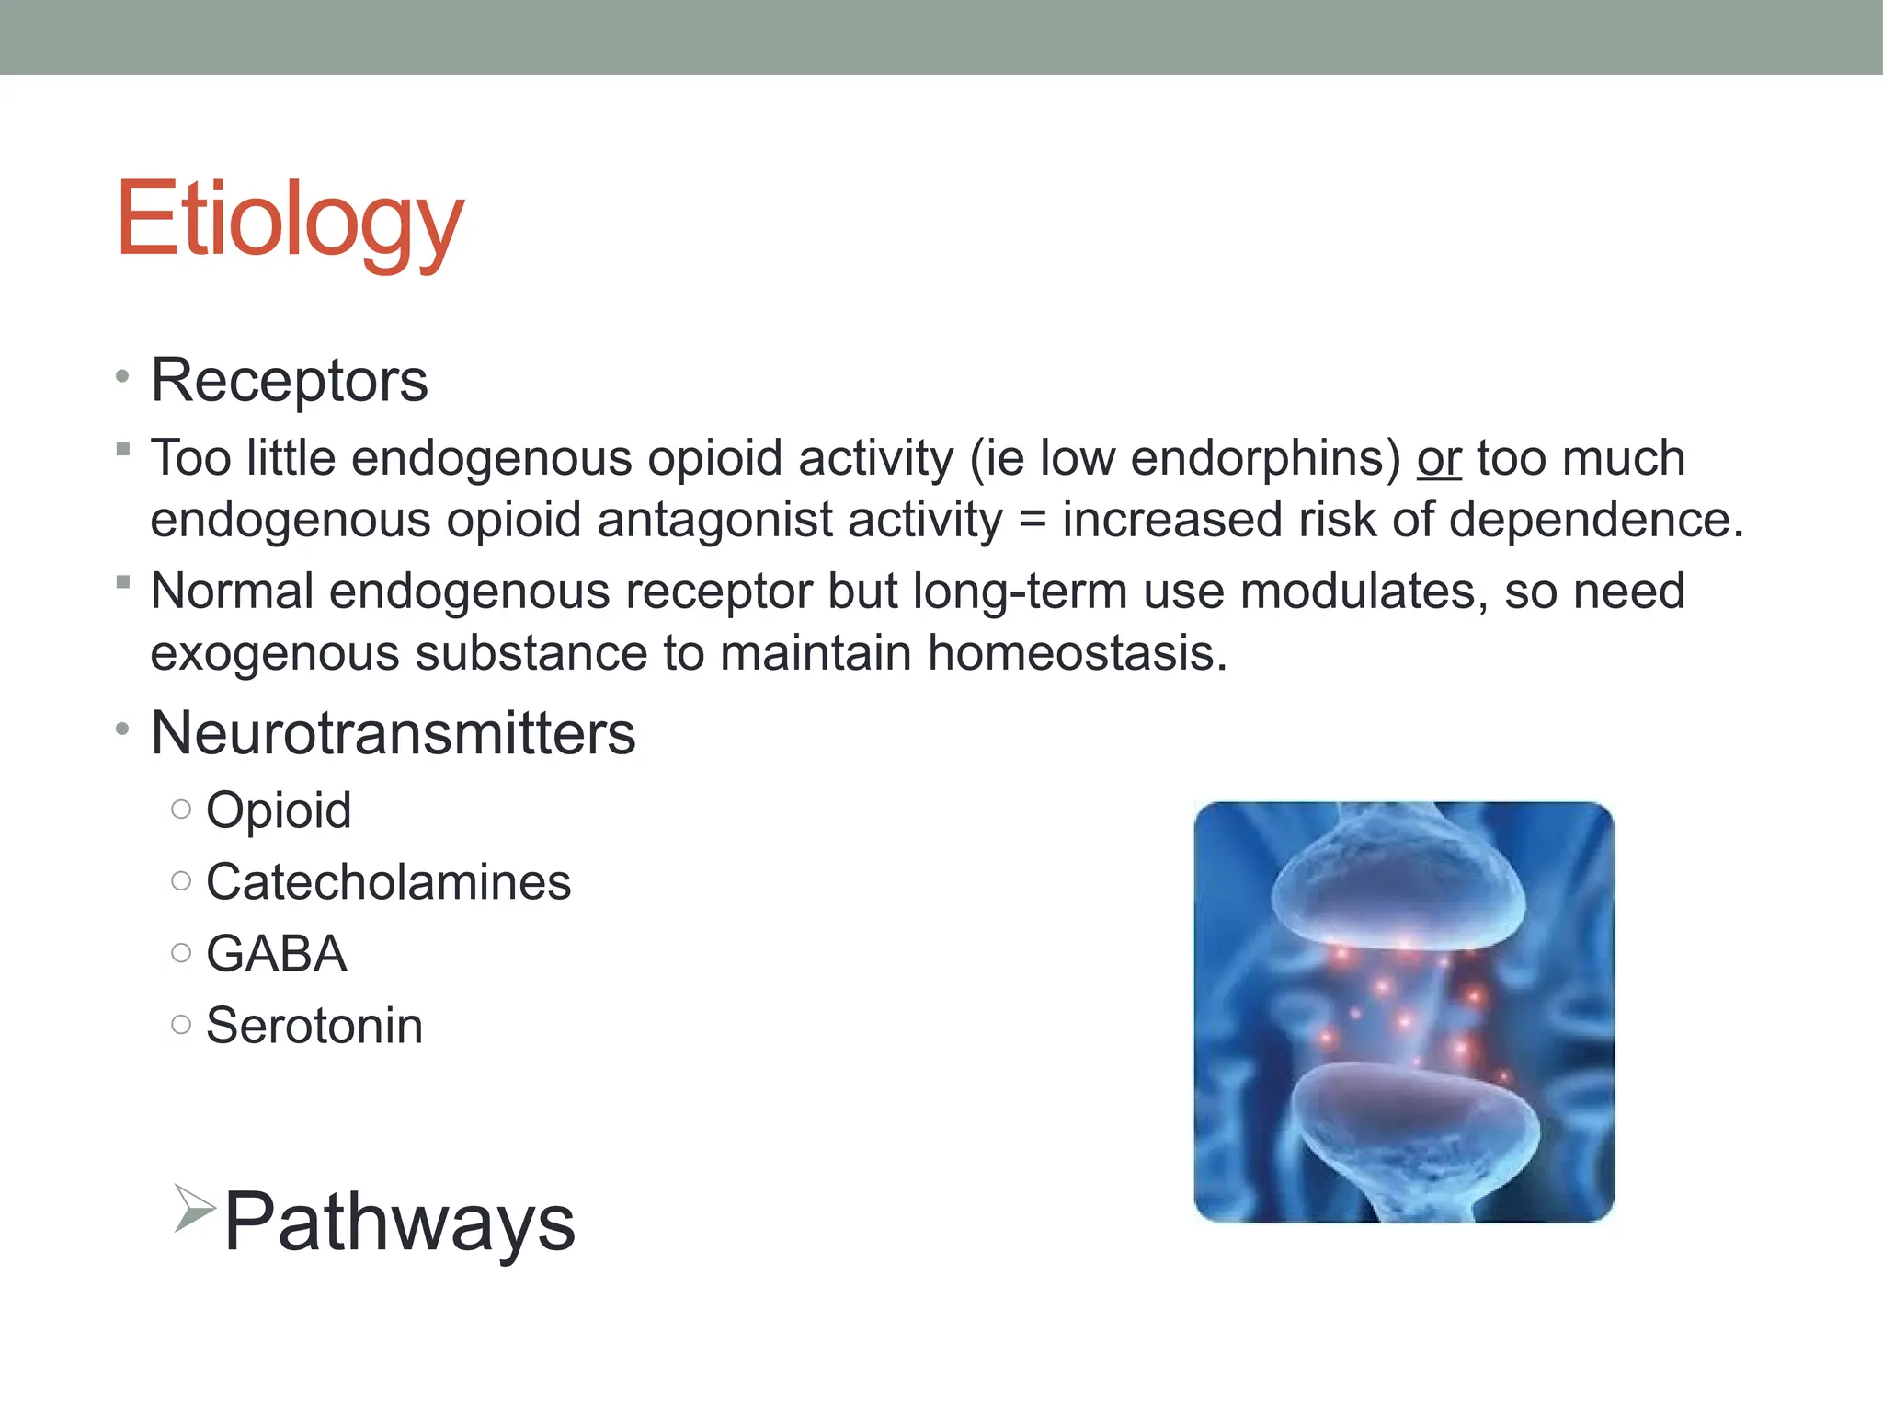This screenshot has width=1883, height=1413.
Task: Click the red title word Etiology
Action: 291,221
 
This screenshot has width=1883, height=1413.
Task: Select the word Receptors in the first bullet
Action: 289,380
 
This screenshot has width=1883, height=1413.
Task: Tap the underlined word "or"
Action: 1438,458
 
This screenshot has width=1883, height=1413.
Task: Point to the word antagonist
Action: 799,520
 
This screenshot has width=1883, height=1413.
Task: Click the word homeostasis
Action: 1077,653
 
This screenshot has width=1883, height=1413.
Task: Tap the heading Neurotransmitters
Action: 393,733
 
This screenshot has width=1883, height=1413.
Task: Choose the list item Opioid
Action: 279,810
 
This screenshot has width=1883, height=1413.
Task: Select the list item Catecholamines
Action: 388,882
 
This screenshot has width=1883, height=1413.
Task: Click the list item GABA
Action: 276,954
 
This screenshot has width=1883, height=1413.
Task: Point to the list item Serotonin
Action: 314,1026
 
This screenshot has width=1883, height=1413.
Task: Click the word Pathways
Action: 399,1222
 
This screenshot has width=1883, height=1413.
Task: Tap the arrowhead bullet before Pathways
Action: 194,1208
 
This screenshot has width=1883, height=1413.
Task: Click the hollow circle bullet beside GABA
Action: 181,953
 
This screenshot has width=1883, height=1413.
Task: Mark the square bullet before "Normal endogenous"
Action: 123,581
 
